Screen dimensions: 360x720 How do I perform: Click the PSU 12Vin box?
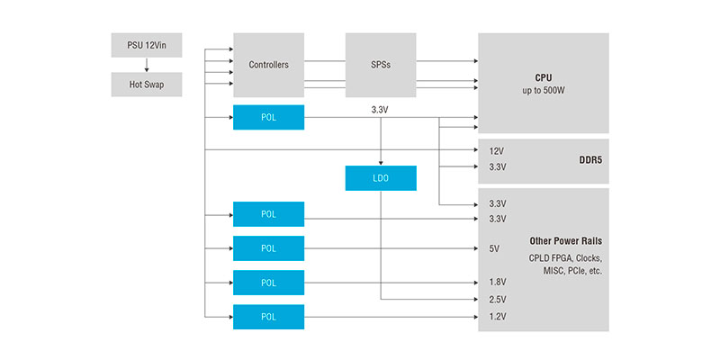click(146, 44)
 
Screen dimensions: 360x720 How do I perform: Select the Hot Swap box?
click(146, 85)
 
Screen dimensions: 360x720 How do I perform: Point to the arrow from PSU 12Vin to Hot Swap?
click(146, 64)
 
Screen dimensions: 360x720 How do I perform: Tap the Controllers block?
click(268, 65)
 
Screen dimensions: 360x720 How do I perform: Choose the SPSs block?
click(381, 65)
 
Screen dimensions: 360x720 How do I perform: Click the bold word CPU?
click(543, 78)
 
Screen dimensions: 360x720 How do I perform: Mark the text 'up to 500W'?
click(543, 92)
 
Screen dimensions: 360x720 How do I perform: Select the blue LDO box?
click(381, 178)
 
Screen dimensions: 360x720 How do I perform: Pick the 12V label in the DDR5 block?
click(497, 151)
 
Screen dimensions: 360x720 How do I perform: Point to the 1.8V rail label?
click(497, 283)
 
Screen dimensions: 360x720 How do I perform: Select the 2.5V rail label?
click(497, 300)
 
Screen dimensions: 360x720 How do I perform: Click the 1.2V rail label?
click(497, 317)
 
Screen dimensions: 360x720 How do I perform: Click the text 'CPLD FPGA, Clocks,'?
click(565, 259)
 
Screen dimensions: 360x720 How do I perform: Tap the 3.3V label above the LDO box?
click(381, 110)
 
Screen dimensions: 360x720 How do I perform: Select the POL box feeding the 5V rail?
click(268, 248)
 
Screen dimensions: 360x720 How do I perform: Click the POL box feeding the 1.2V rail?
click(268, 317)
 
